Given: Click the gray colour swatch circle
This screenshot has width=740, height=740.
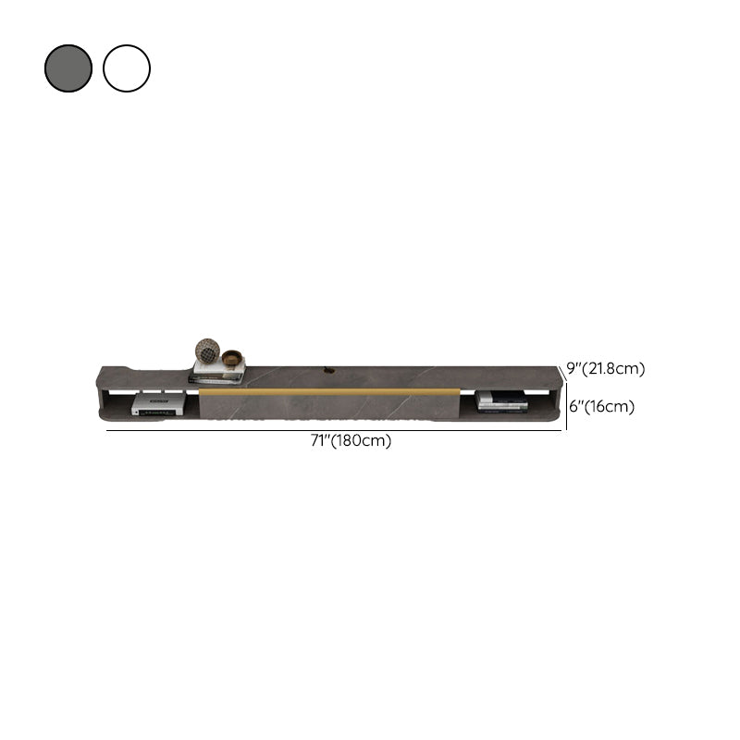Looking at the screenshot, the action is [68, 68].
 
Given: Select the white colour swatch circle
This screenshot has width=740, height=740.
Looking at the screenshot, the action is [127, 68].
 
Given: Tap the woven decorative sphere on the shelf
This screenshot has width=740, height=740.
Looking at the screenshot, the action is [207, 351].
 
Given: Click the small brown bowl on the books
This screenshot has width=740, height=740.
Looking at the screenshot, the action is [232, 358].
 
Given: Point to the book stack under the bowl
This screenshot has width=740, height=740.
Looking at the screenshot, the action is [217, 372].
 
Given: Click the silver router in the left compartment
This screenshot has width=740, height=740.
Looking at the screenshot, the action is [157, 405].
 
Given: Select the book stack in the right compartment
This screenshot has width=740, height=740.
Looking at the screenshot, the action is [502, 401].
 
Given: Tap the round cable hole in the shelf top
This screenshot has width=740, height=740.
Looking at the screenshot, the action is [327, 372].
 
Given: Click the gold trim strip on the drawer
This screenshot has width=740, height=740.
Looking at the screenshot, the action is [329, 391].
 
